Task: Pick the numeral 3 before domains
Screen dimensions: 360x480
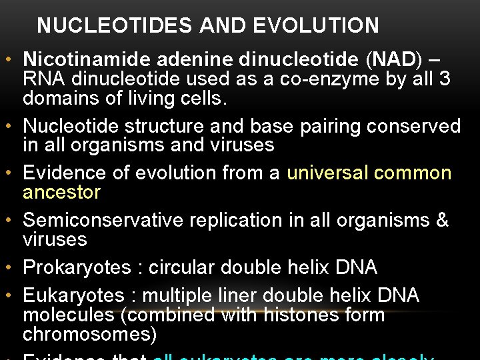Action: pos(445,79)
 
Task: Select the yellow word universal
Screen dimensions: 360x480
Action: pos(327,173)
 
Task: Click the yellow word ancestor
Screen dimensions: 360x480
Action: pos(61,193)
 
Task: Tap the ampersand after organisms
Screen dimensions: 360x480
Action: pos(443,220)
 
